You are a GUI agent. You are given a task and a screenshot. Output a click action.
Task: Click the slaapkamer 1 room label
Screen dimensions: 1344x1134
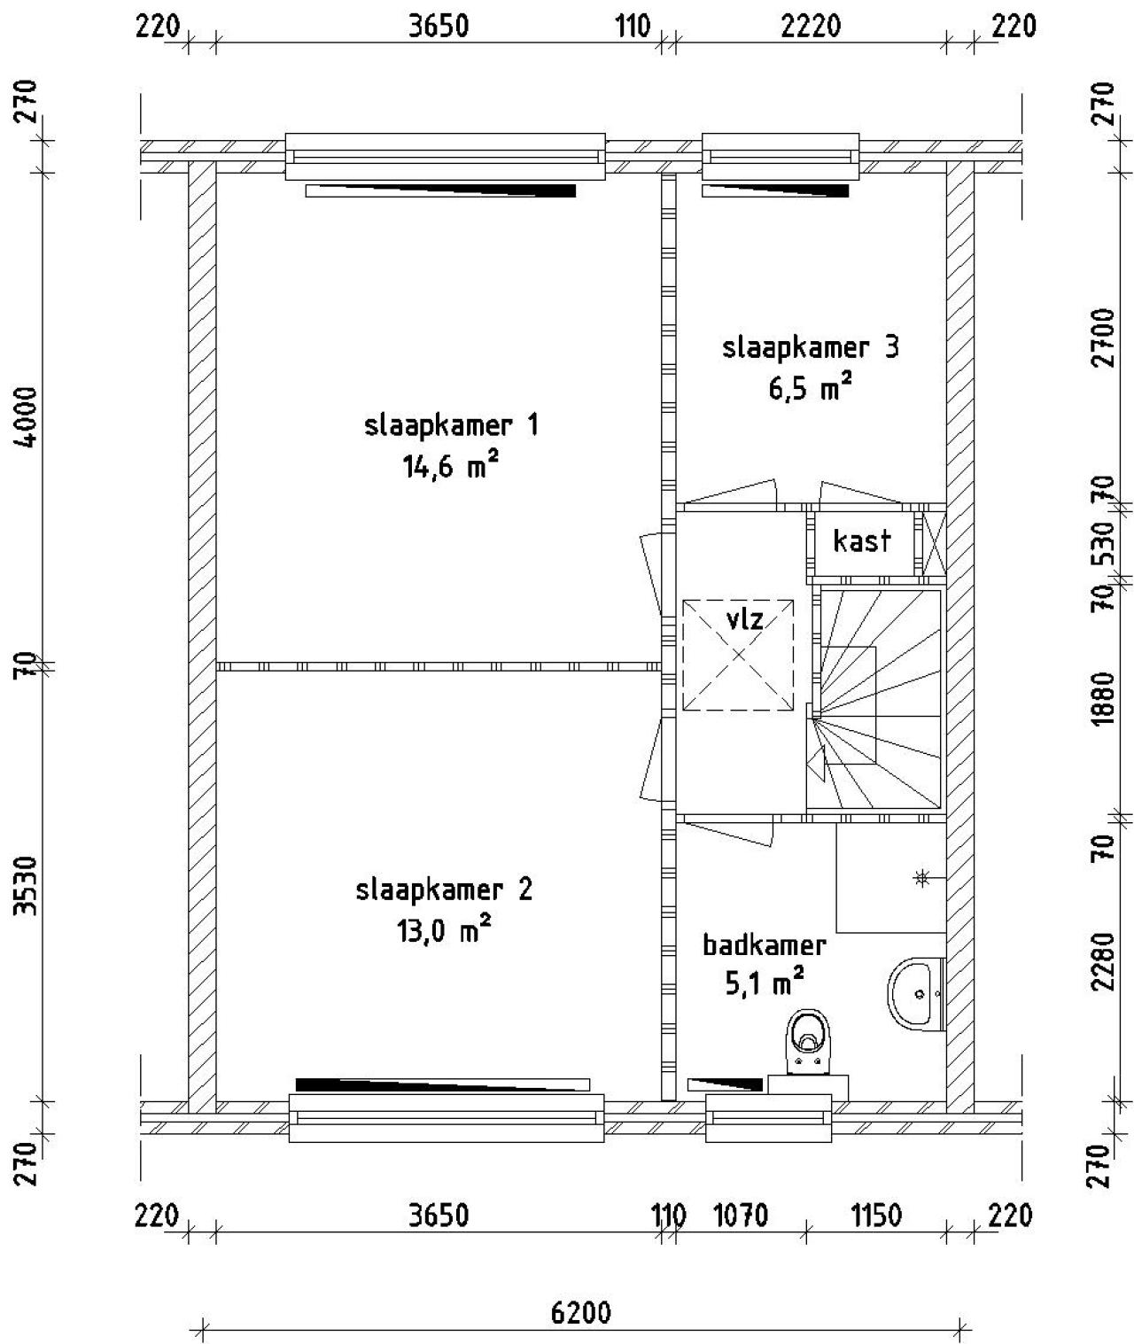pyautogui.click(x=451, y=426)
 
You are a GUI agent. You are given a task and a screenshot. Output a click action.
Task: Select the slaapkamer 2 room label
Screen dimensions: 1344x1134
pyautogui.click(x=444, y=890)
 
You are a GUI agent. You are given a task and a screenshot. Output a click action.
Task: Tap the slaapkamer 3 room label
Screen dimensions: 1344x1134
pyautogui.click(x=810, y=347)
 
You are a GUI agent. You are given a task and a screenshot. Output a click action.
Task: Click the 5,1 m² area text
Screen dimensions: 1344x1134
pyautogui.click(x=764, y=983)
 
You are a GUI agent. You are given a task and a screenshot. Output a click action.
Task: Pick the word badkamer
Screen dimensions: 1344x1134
pyautogui.click(x=764, y=945)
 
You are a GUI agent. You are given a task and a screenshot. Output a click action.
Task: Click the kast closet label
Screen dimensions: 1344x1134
pyautogui.click(x=861, y=540)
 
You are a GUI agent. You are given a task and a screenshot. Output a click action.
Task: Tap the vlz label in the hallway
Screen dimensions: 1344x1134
pyautogui.click(x=744, y=618)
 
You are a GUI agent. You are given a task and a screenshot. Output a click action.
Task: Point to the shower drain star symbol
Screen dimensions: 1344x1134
pyautogui.click(x=921, y=878)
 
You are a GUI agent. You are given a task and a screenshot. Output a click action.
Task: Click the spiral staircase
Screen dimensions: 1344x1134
pyautogui.click(x=877, y=700)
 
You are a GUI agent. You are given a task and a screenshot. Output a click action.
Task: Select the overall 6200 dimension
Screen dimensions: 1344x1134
pyautogui.click(x=580, y=1312)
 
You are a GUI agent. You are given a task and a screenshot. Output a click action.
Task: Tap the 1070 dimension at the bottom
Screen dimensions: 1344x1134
pyautogui.click(x=741, y=1216)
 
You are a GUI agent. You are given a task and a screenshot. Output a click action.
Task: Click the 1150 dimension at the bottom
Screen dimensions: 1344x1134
pyautogui.click(x=876, y=1216)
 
